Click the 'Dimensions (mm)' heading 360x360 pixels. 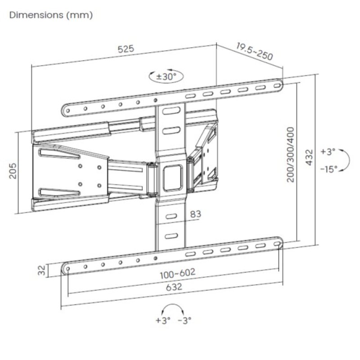51,15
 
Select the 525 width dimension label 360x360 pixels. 126,49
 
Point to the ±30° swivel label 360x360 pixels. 166,76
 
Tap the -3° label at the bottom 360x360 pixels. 184,320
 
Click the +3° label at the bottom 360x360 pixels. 163,320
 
